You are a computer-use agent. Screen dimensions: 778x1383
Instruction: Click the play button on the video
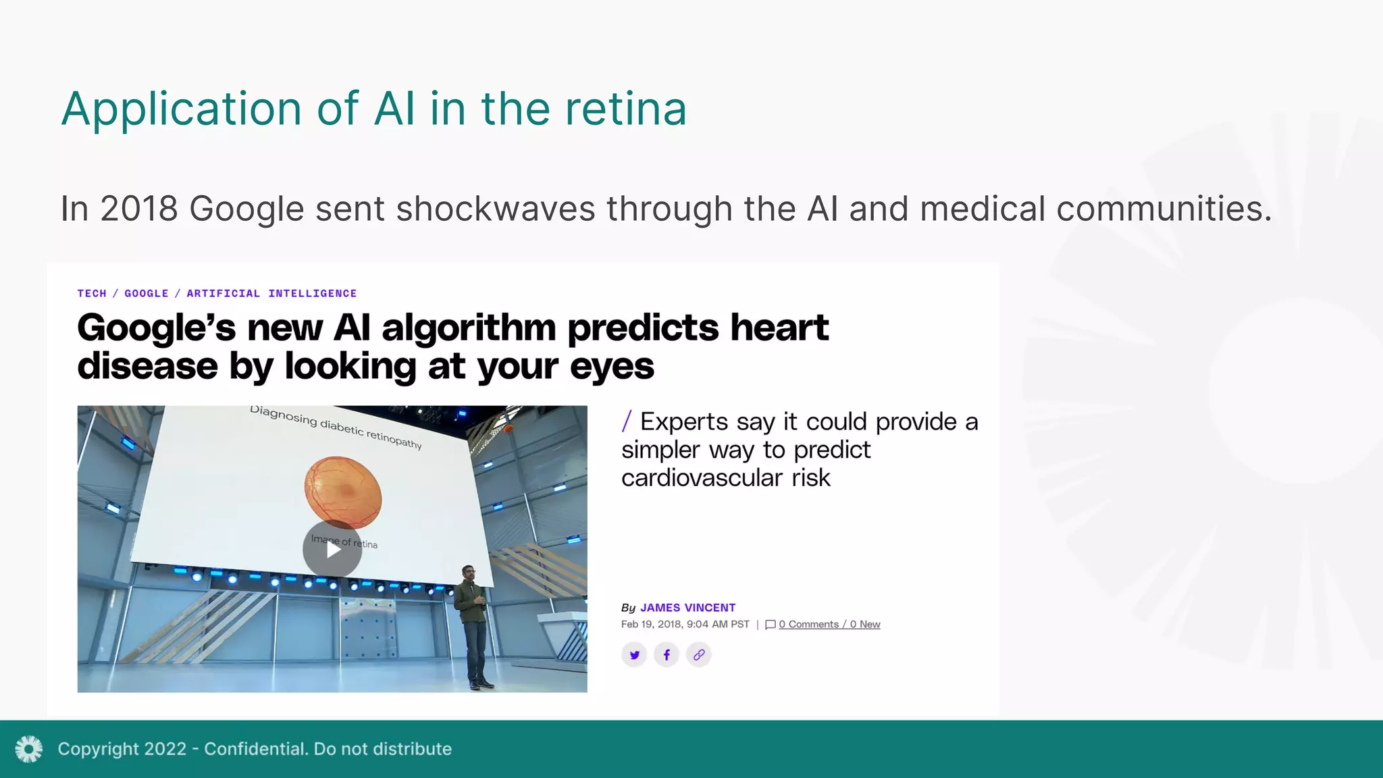332,549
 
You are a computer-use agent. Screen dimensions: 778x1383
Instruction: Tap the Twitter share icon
634,654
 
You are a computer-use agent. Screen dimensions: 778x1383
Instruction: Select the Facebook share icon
667,654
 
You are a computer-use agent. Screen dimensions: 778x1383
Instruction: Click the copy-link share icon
699,654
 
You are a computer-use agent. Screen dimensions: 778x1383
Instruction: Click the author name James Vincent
687,608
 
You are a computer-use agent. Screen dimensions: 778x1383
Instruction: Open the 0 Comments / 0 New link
829,625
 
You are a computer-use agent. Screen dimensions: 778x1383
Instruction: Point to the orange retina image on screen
343,492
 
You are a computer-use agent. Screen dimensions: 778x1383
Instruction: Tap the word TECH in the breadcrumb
92,294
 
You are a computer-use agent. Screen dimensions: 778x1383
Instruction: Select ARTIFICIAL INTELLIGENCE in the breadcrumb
271,294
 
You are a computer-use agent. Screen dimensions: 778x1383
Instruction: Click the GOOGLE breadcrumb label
147,294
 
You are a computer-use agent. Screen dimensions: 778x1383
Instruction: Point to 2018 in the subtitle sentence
139,209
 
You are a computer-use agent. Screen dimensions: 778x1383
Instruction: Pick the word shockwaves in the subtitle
496,209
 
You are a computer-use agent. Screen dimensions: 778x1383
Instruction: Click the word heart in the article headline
779,328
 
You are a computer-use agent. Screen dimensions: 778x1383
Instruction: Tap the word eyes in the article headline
612,367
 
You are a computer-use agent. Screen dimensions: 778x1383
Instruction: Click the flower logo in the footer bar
29,749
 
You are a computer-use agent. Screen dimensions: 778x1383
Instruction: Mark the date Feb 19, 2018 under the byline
651,625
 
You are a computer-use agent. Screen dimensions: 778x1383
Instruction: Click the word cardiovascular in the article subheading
702,478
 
